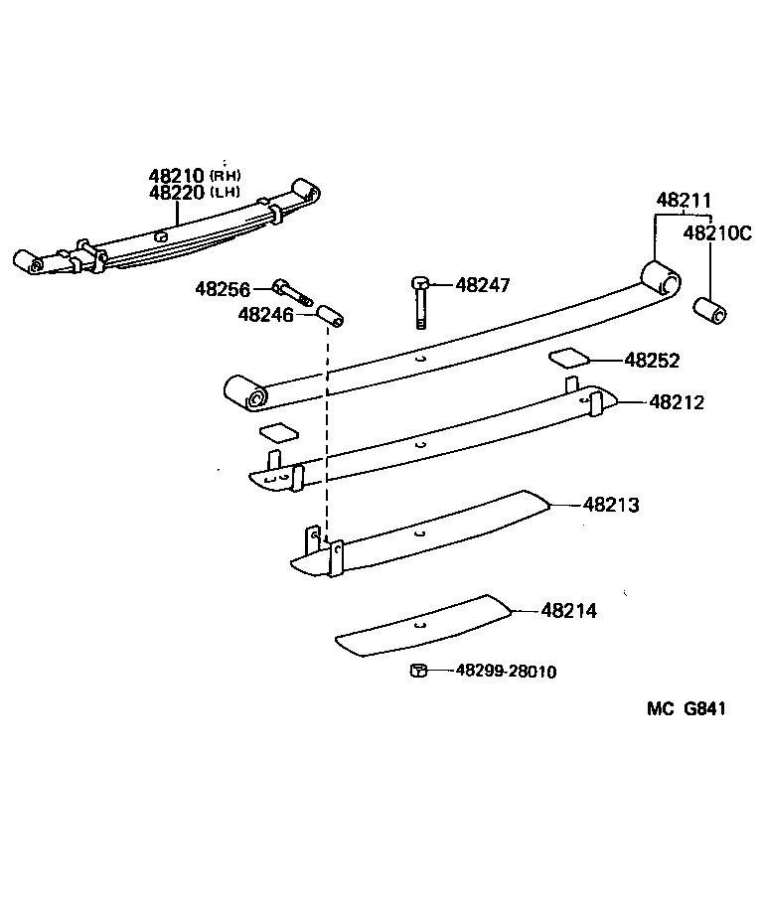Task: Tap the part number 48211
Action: coord(684,201)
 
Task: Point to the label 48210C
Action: coord(717,234)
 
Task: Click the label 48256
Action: coord(222,289)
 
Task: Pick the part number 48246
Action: coord(264,315)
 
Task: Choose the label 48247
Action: coord(483,285)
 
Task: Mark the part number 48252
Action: coord(652,361)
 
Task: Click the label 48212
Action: coord(677,402)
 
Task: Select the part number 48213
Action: coord(611,505)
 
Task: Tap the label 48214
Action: coord(569,611)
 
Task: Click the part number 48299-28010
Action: coord(506,672)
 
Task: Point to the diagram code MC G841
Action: coord(687,709)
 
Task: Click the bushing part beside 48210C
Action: coord(710,310)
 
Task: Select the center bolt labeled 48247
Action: coord(420,303)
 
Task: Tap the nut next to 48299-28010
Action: coord(418,672)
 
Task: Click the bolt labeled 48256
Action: coord(292,292)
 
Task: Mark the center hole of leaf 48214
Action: coord(421,626)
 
